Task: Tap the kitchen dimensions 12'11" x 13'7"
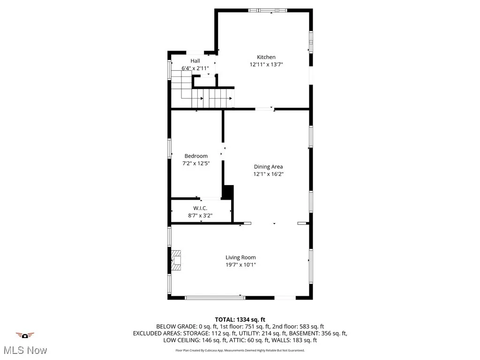coord(266,65)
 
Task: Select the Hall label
coord(195,61)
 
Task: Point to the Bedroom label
coord(195,156)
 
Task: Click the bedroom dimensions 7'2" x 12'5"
coord(195,164)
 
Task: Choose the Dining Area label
coord(268,166)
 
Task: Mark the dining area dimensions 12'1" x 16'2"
coord(268,174)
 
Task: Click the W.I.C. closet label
coord(200,208)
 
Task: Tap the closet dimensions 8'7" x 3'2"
coord(200,216)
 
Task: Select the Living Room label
coord(240,257)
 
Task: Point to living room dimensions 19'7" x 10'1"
coord(240,265)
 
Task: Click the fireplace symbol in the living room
coord(176,261)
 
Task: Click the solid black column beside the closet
coord(228,192)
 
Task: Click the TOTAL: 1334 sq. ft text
coord(240,320)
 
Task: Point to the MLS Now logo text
coord(25,350)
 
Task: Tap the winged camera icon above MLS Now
coord(25,335)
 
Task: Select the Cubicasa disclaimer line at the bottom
coord(240,350)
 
